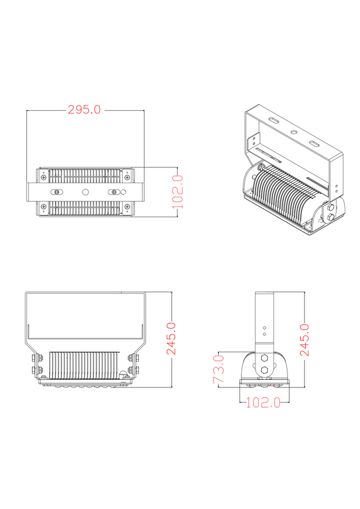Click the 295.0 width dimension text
coord(84,110)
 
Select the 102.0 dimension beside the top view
coord(178,192)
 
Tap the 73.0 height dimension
coord(218,369)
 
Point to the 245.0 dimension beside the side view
coord(305,339)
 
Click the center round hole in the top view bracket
coord(85,192)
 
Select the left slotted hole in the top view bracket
coord(57,192)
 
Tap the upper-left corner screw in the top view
coord(44,178)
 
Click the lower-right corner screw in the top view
coord(127,207)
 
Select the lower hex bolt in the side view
coord(264,372)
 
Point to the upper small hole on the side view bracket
coord(264,327)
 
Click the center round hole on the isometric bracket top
coord(293,132)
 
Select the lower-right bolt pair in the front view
coord(134,370)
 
